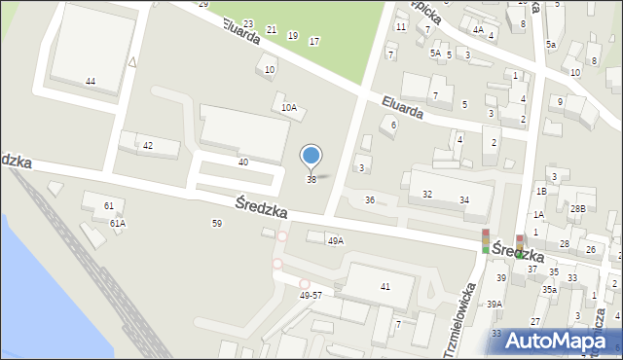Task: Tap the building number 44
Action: (x=91, y=81)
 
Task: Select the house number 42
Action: (x=148, y=145)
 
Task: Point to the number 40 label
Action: (x=243, y=162)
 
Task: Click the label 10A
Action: (x=289, y=108)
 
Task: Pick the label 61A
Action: (x=117, y=223)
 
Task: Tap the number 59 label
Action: (x=217, y=223)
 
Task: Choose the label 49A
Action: (x=336, y=240)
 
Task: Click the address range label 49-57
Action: (x=311, y=295)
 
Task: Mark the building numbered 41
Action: (x=385, y=286)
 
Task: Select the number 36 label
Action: (x=369, y=199)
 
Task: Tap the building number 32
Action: (x=426, y=195)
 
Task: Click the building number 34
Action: (x=464, y=199)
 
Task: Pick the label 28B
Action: (x=578, y=209)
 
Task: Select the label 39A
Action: (x=495, y=304)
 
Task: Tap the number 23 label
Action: (x=248, y=23)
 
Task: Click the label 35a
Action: (x=549, y=289)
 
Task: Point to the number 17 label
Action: (x=313, y=41)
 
